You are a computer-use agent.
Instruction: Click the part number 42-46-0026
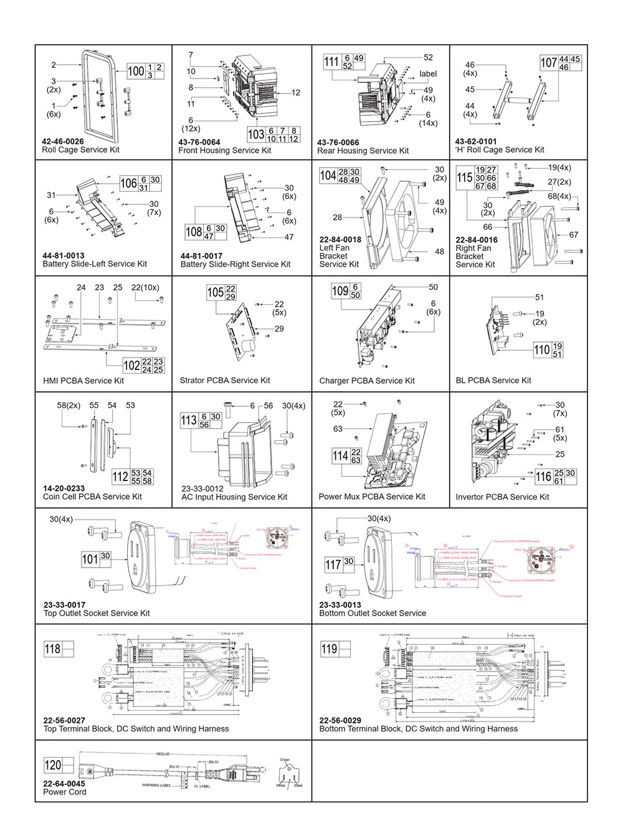point(63,141)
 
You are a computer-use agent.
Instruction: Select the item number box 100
point(136,71)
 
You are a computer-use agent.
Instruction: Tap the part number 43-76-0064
point(199,142)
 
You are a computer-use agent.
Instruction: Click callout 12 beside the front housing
point(295,93)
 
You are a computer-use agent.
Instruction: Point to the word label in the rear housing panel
point(428,74)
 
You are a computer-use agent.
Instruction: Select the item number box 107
point(549,63)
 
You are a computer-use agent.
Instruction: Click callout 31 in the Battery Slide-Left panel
point(51,195)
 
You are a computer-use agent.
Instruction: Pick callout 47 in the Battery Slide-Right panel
point(289,237)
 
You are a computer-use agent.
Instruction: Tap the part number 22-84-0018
point(340,239)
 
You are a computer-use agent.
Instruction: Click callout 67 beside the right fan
point(573,235)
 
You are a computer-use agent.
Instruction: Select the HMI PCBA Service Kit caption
point(83,381)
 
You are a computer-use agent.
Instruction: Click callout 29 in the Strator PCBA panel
point(279,329)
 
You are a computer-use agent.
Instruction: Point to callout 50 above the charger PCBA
point(433,287)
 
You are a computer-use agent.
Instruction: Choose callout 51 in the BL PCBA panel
point(540,298)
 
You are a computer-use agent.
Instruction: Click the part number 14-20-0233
point(64,488)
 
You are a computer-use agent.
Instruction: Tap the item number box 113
point(189,421)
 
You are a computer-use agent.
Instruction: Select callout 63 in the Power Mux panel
point(338,429)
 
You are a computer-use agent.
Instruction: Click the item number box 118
point(53,649)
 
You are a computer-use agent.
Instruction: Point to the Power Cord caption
point(65,792)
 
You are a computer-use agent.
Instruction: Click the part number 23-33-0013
point(340,605)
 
